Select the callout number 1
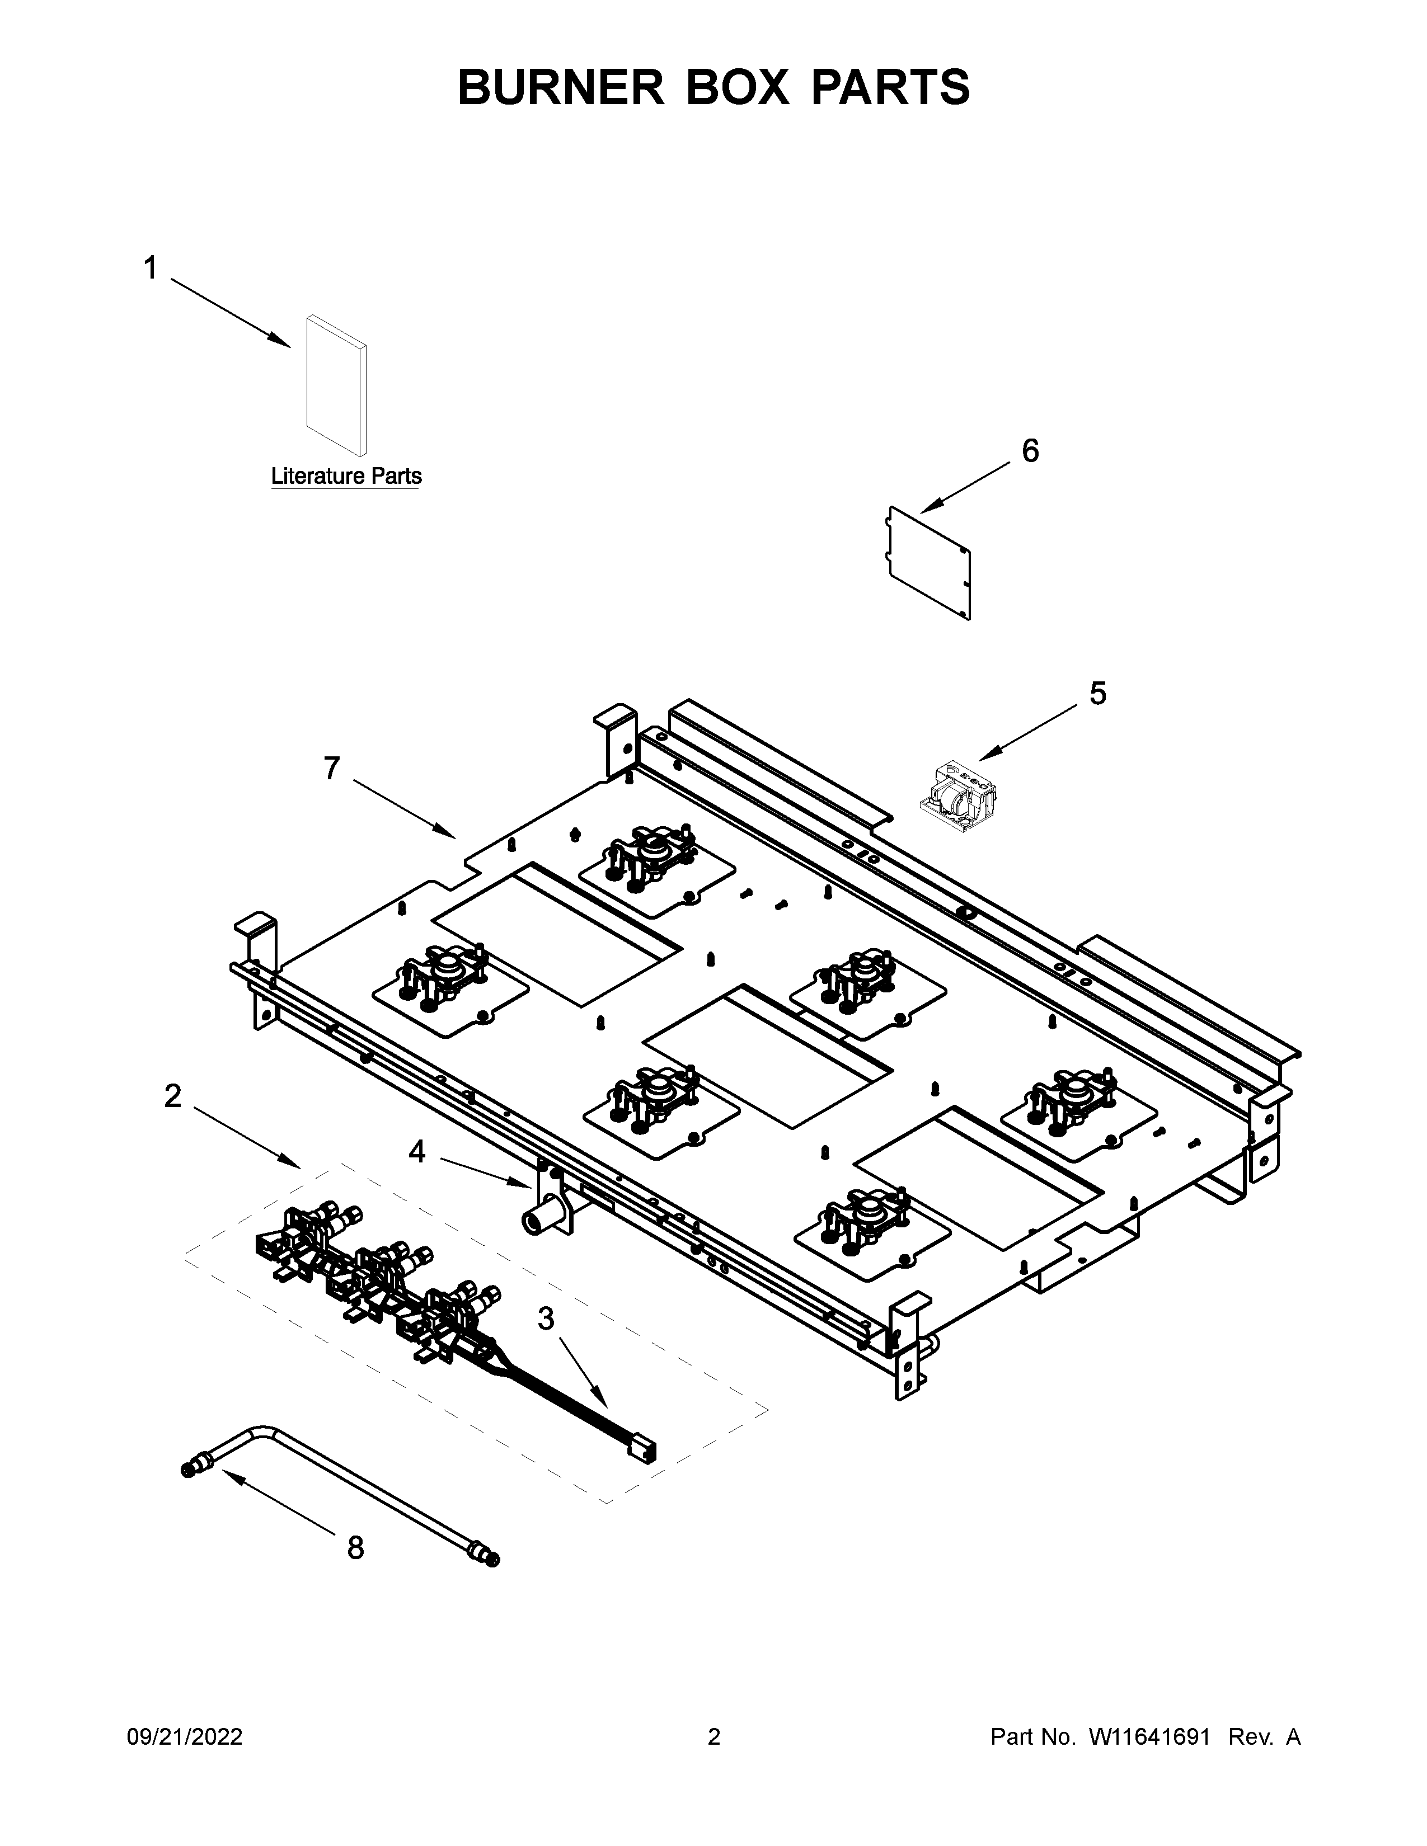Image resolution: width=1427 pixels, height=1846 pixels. pos(151,269)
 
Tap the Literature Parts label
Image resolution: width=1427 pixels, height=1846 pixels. pos(346,476)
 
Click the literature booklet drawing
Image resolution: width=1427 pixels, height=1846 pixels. pos(336,385)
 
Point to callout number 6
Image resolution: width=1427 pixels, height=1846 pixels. pos(1030,451)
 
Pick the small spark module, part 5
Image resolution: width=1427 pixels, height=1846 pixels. pos(958,789)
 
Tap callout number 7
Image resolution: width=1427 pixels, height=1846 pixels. pos(331,768)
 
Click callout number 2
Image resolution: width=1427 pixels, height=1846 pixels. pos(172,1096)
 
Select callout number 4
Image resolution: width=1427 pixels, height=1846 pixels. pos(417,1151)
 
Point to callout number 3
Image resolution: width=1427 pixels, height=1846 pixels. pos(546,1318)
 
